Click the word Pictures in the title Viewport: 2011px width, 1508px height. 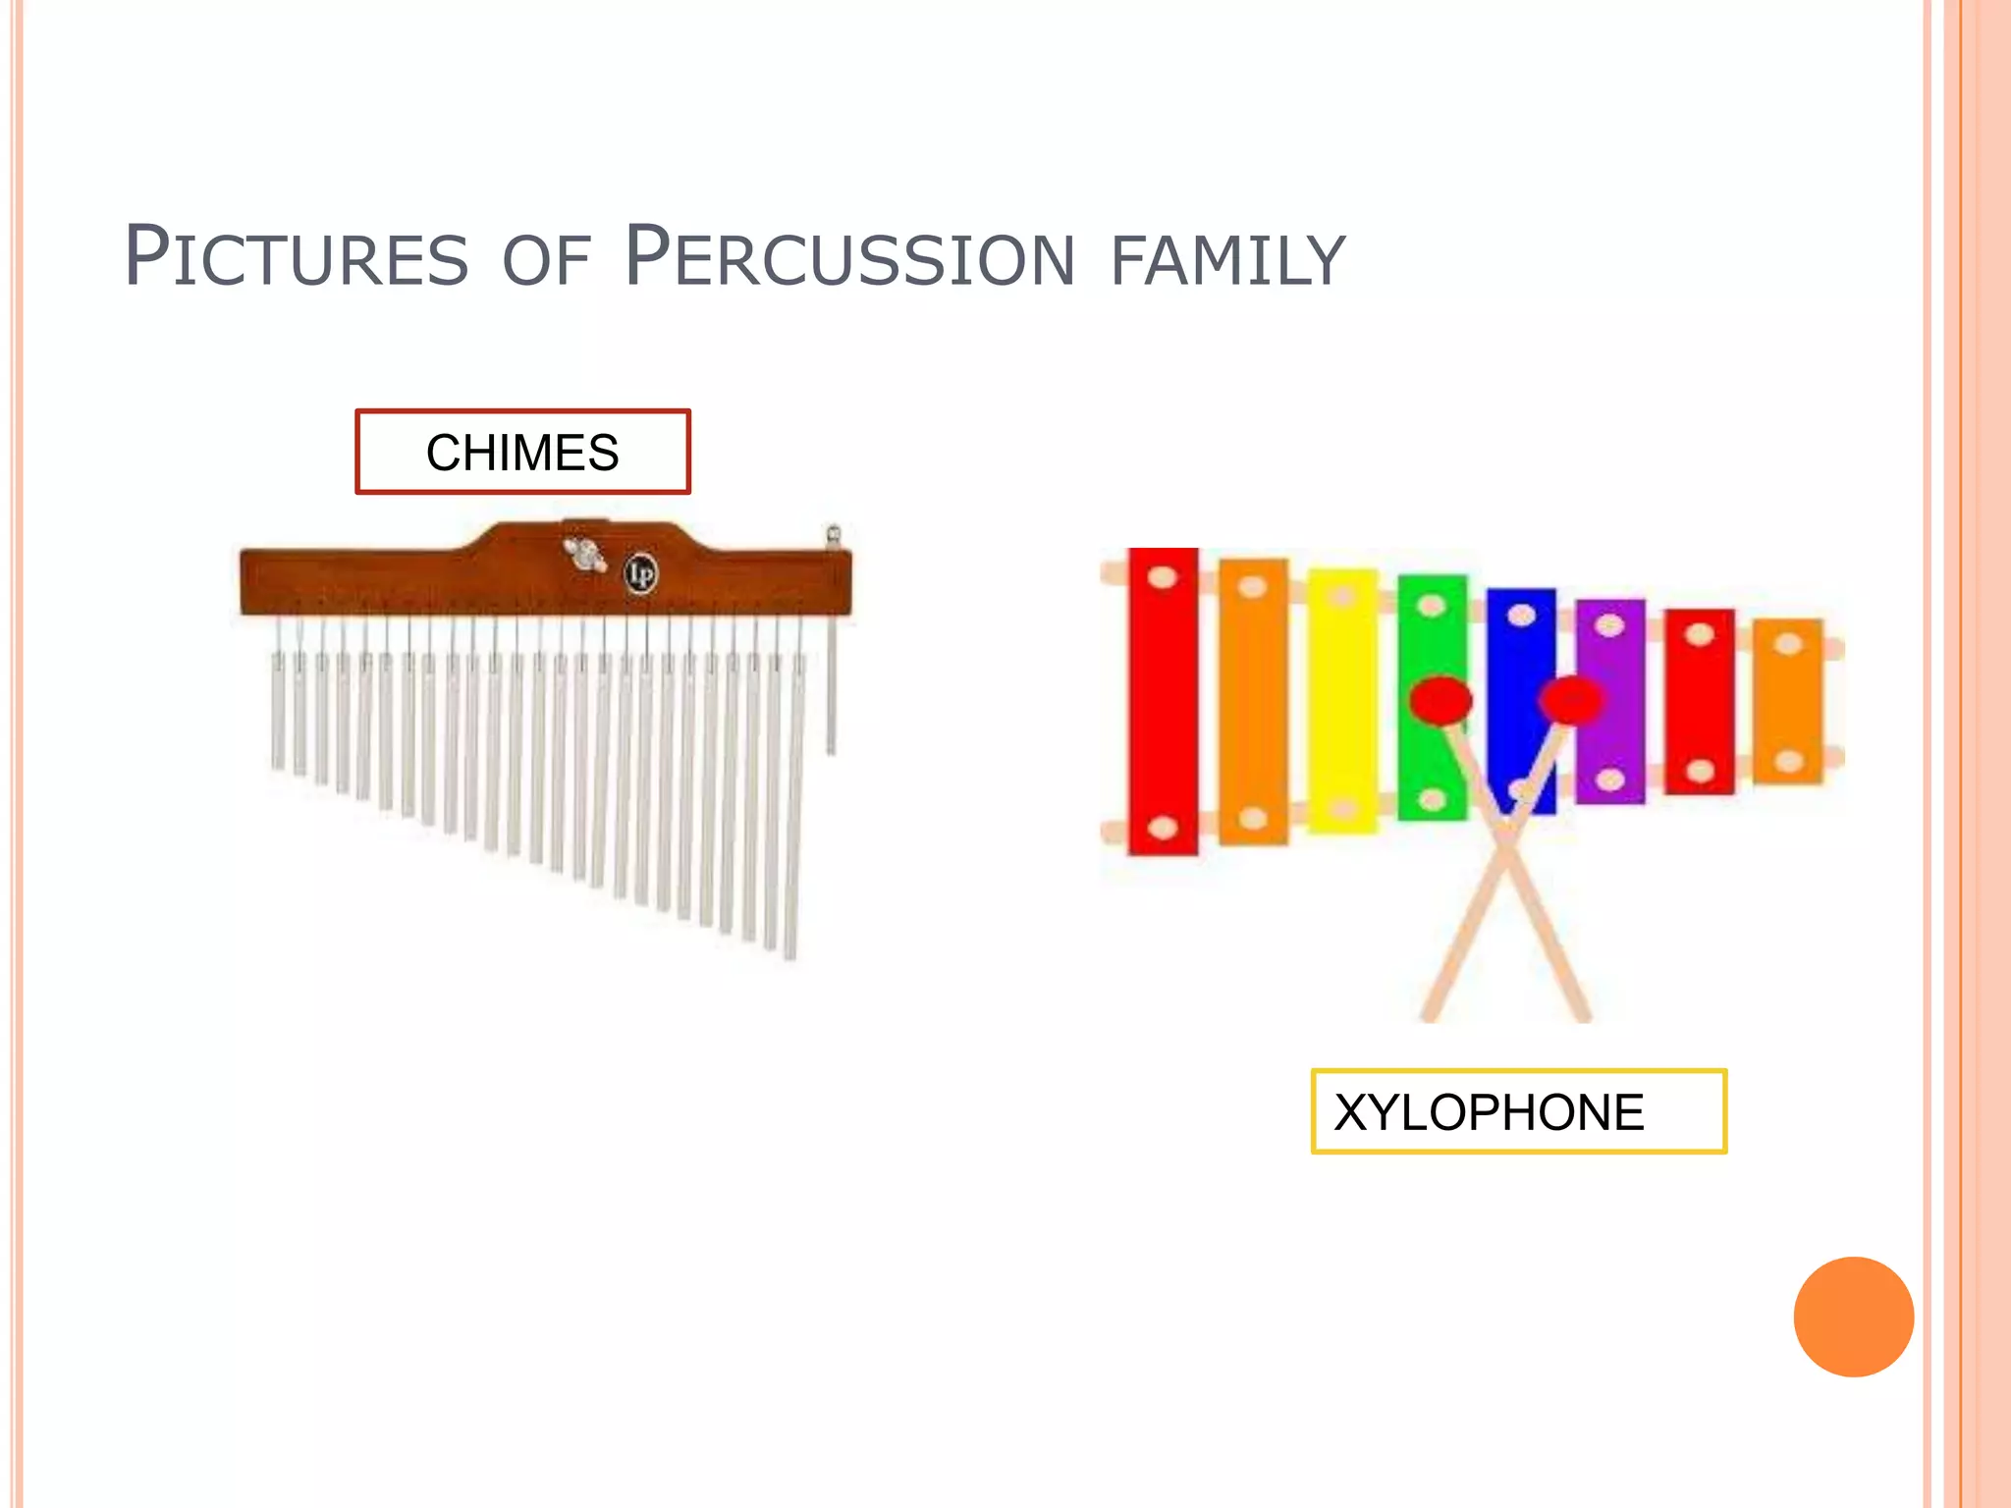coord(296,257)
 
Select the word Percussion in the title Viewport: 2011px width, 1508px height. coord(850,257)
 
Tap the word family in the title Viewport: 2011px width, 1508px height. coord(1227,259)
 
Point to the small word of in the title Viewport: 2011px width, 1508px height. coord(546,261)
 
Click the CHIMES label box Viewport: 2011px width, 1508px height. coord(522,452)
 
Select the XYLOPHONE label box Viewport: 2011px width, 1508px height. coord(1518,1111)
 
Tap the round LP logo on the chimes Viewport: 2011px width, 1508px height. coord(641,573)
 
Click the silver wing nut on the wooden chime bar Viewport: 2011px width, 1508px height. coord(585,555)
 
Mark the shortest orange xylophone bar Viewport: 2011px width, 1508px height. coord(1788,701)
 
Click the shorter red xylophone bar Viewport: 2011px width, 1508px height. coord(1700,701)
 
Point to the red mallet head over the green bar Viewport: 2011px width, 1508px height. coord(1440,700)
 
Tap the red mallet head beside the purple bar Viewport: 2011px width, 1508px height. coord(1571,699)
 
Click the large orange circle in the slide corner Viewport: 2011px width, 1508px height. coord(1853,1317)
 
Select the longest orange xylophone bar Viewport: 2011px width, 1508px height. coord(1253,701)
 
